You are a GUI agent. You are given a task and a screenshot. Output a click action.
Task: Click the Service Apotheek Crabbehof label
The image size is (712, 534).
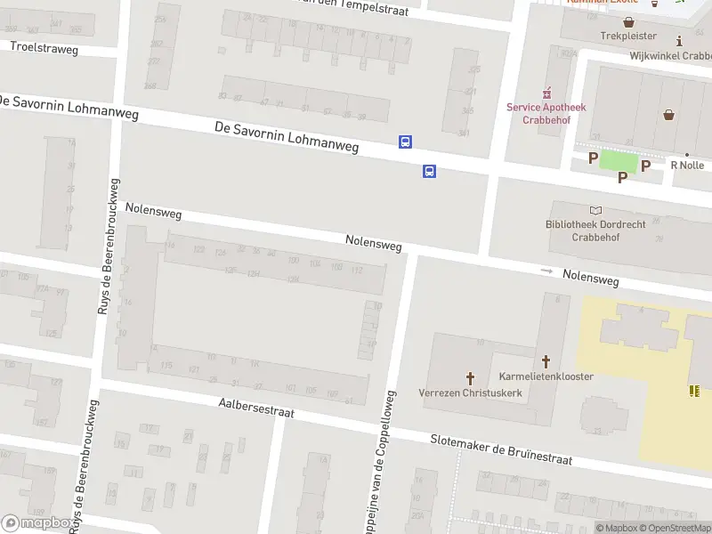click(x=546, y=113)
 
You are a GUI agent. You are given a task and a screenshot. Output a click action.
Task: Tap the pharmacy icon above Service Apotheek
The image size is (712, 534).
click(x=547, y=93)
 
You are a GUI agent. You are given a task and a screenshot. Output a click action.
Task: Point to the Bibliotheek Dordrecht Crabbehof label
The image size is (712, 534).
click(x=596, y=231)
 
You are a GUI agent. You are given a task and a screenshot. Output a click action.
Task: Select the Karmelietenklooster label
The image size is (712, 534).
click(x=546, y=376)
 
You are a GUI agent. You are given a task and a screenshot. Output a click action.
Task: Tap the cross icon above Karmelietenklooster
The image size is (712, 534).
click(x=546, y=361)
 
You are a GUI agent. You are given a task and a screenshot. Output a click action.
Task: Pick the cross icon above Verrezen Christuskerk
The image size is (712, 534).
click(x=470, y=378)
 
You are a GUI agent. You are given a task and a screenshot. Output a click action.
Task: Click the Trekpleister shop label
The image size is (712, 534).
click(x=627, y=36)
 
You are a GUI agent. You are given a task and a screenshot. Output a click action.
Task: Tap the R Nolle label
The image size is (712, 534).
click(x=687, y=165)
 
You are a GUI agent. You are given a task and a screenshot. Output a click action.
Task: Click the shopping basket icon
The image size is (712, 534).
click(x=668, y=114)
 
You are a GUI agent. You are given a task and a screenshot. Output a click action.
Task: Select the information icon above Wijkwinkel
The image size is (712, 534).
click(x=680, y=41)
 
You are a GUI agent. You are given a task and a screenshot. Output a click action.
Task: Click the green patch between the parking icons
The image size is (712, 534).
click(x=619, y=161)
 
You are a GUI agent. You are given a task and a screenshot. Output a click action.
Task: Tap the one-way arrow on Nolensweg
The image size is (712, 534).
click(x=546, y=271)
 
